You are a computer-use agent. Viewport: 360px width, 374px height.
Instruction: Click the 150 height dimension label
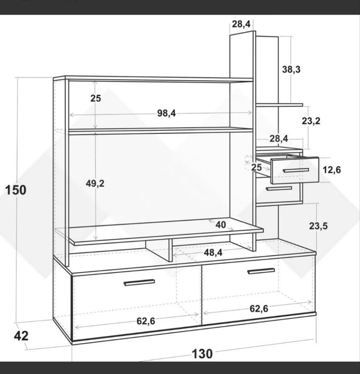[x=15, y=190]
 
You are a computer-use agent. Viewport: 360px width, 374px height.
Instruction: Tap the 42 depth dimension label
[x=21, y=336]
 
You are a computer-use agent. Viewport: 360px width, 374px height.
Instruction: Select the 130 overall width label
[x=202, y=354]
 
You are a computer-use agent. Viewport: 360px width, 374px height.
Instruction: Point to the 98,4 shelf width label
[x=167, y=113]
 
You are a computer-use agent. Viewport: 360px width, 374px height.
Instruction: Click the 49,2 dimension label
[x=95, y=183]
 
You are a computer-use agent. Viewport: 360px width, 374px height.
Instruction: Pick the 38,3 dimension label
[x=291, y=69]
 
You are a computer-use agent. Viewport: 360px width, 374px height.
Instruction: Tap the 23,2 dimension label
[x=311, y=121]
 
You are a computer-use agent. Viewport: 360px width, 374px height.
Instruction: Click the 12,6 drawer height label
[x=332, y=170]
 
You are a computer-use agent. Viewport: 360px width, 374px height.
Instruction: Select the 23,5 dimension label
[x=318, y=226]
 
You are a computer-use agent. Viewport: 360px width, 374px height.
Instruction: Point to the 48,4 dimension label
[x=213, y=252]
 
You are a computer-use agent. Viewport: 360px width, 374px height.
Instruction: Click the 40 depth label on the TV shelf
[x=221, y=225]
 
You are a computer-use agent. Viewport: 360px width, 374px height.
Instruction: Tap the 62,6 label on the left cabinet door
[x=146, y=321]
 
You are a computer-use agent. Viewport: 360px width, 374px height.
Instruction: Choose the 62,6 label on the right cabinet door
[x=259, y=309]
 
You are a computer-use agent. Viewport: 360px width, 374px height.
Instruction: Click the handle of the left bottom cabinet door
[x=139, y=283]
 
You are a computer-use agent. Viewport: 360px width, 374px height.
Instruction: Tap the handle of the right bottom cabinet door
[x=261, y=271]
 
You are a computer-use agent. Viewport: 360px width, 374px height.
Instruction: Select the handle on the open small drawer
[x=296, y=170]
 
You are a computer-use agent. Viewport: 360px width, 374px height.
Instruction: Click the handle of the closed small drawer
[x=279, y=189]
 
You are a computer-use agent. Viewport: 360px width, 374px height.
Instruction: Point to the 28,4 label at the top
[x=241, y=24]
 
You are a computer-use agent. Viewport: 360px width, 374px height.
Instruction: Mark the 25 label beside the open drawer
[x=256, y=167]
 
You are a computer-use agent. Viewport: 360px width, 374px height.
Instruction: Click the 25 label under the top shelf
[x=96, y=98]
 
